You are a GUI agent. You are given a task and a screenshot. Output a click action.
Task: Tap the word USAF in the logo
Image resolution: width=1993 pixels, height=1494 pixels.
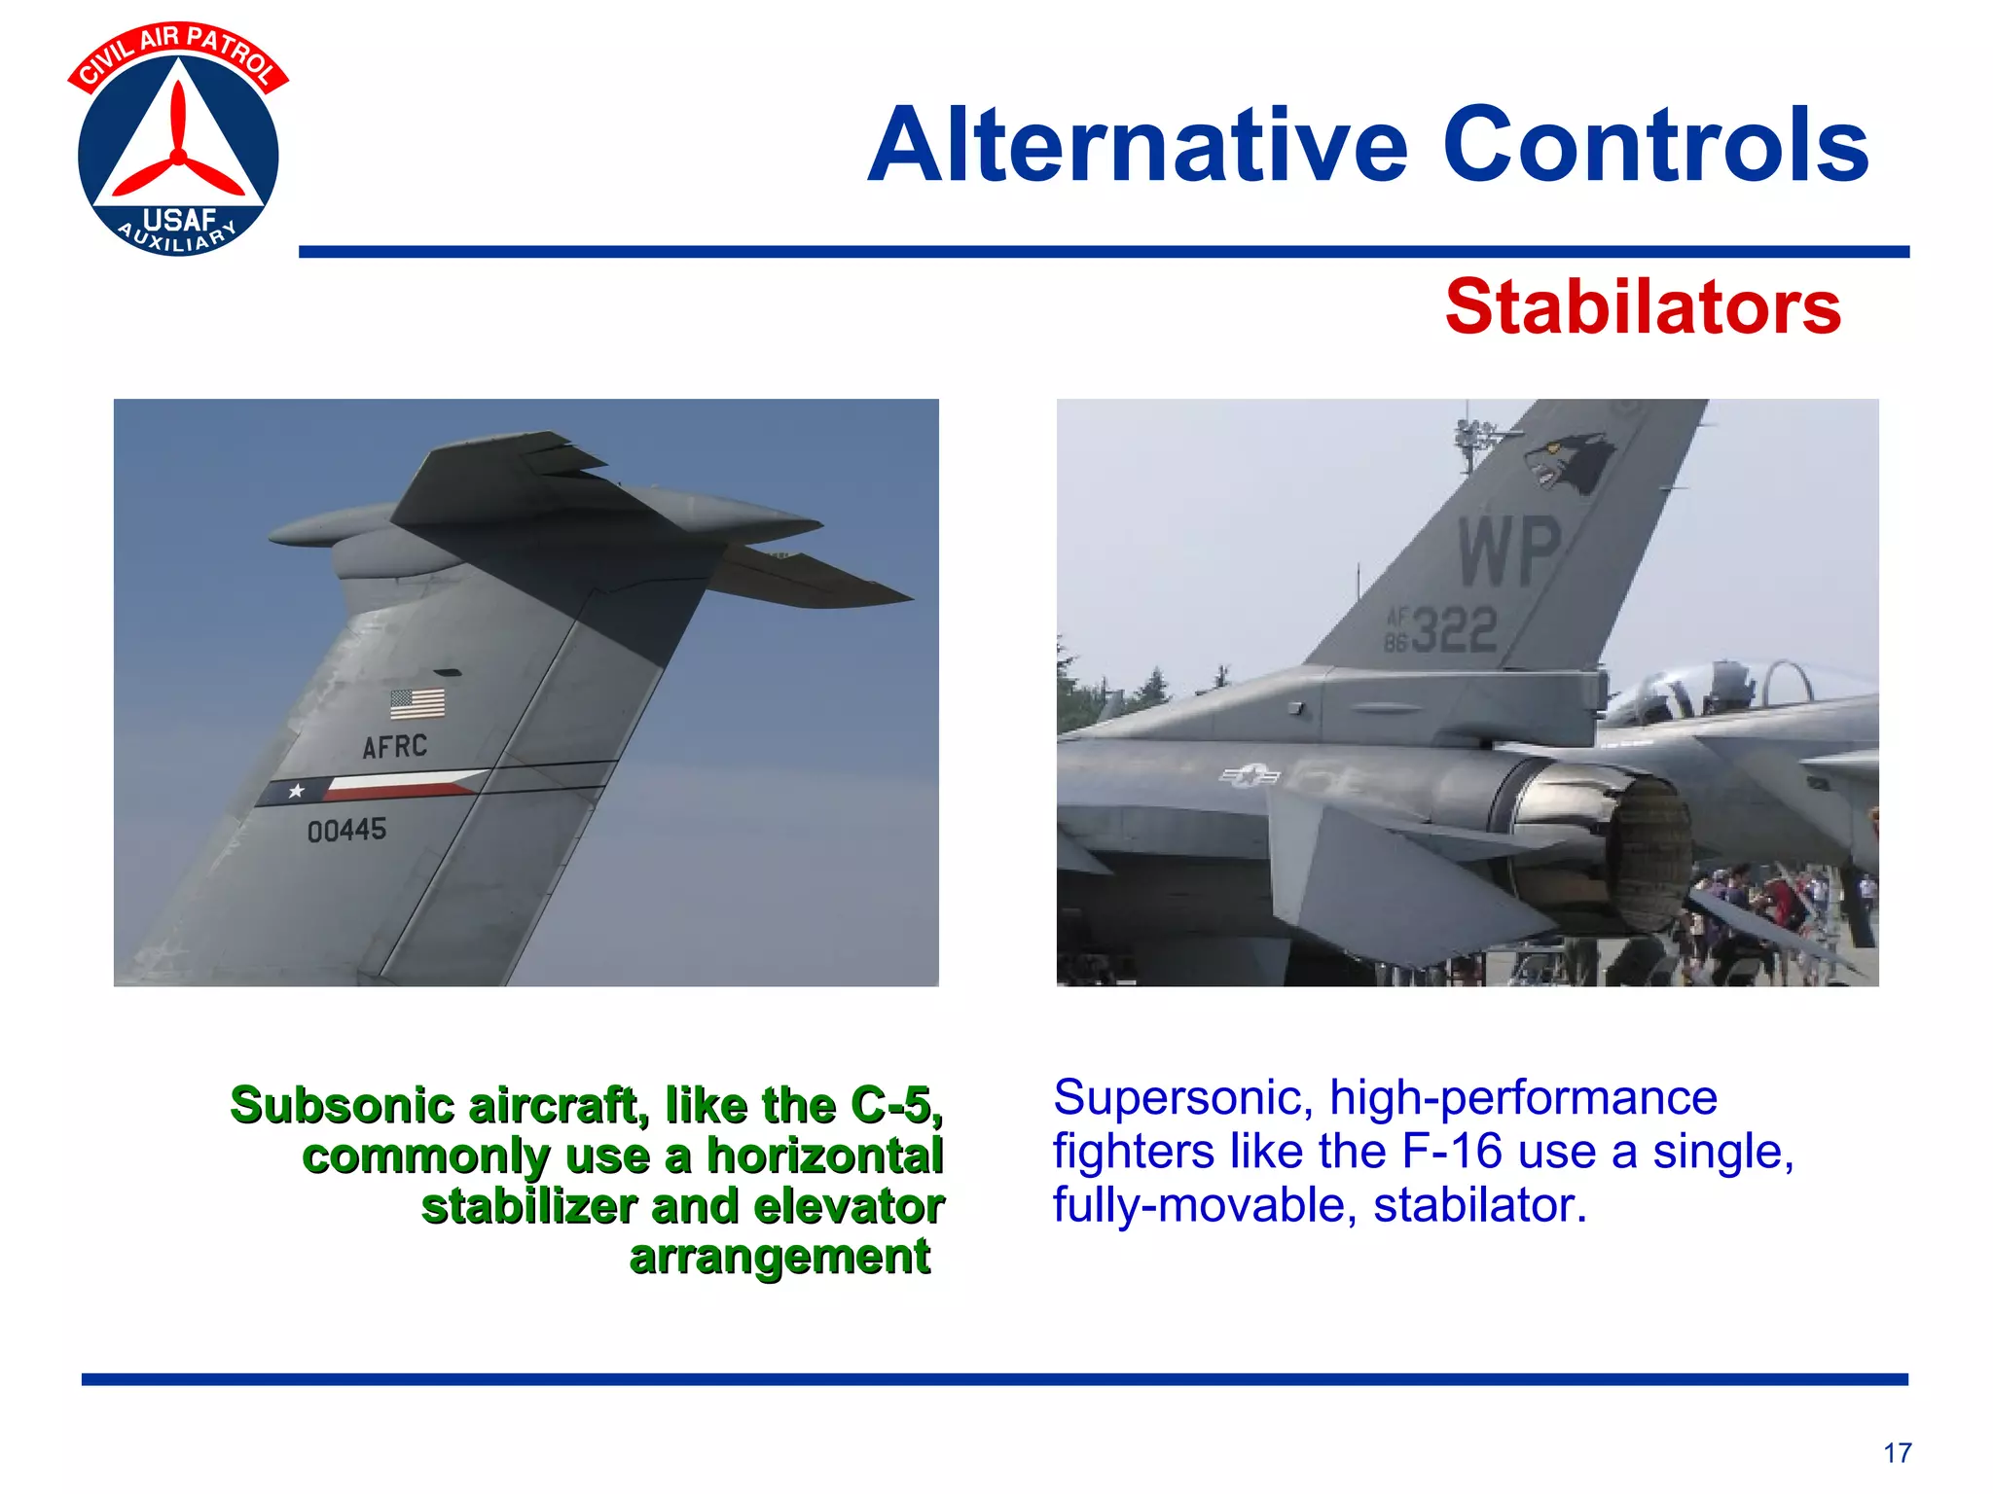pyautogui.click(x=179, y=221)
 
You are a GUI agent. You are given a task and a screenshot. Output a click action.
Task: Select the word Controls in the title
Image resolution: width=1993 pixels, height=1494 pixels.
pyautogui.click(x=1654, y=146)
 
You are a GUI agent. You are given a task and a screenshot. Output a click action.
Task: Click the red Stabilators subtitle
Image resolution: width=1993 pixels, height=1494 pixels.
pyautogui.click(x=1643, y=307)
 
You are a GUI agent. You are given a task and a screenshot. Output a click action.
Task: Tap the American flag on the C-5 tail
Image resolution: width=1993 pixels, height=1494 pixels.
pyautogui.click(x=417, y=703)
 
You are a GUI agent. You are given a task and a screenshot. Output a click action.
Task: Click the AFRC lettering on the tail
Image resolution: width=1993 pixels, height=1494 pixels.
pyautogui.click(x=394, y=747)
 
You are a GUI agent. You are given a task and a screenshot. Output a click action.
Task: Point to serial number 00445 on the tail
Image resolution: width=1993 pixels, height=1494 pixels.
pyautogui.click(x=346, y=831)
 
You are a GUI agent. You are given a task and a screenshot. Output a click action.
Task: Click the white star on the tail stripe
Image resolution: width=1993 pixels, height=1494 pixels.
pyautogui.click(x=296, y=792)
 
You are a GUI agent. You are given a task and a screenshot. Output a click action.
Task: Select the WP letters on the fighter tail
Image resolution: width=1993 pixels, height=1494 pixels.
pyautogui.click(x=1509, y=552)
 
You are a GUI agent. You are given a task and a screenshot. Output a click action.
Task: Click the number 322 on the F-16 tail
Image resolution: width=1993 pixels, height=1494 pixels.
pyautogui.click(x=1454, y=630)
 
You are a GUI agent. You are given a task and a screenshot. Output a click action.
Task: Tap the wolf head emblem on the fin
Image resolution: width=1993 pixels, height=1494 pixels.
pyautogui.click(x=1567, y=463)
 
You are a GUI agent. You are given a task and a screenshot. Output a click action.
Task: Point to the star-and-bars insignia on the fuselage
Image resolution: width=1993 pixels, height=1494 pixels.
pyautogui.click(x=1250, y=775)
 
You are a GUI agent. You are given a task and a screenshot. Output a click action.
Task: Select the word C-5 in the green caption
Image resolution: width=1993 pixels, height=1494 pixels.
pyautogui.click(x=890, y=1106)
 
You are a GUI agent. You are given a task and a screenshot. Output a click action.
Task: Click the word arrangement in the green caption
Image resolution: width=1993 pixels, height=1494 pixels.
pyautogui.click(x=779, y=1256)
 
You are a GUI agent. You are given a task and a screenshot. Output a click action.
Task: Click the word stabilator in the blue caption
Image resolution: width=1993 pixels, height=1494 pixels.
pyautogui.click(x=1479, y=1205)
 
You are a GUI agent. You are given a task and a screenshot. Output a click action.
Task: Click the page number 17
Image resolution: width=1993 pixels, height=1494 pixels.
pyautogui.click(x=1897, y=1453)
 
